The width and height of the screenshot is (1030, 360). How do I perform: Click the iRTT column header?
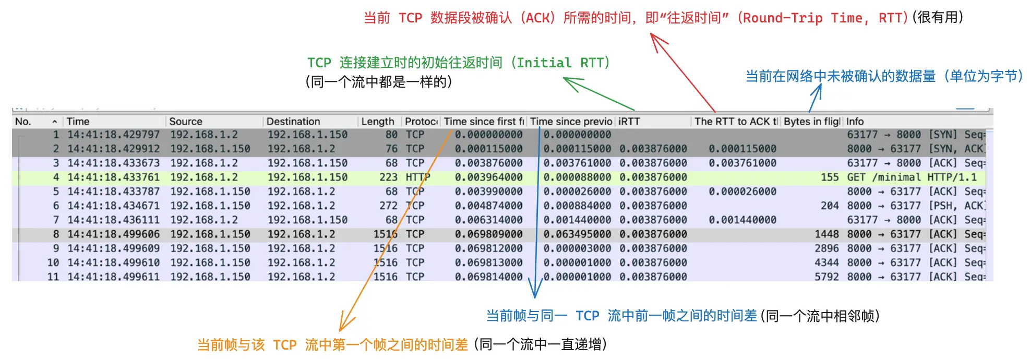(629, 122)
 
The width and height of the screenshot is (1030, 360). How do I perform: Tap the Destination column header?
(293, 122)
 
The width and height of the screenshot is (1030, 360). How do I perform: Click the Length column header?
(378, 122)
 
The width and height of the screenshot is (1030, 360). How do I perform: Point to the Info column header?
(855, 122)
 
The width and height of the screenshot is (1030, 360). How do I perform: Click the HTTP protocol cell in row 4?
(418, 177)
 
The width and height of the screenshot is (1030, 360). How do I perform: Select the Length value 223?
(388, 177)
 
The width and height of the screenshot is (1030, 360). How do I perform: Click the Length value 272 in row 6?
(388, 206)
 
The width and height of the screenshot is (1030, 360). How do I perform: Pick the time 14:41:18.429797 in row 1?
(114, 135)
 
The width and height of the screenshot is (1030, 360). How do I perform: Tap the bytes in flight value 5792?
(827, 277)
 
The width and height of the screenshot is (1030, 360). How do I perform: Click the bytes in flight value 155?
(830, 177)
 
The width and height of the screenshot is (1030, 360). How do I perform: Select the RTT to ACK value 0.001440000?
(742, 220)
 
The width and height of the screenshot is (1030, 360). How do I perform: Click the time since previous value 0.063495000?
(577, 234)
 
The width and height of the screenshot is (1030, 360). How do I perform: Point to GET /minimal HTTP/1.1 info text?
(912, 177)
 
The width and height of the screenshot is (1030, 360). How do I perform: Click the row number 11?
(53, 277)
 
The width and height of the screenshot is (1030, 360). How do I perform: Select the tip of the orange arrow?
(340, 331)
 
